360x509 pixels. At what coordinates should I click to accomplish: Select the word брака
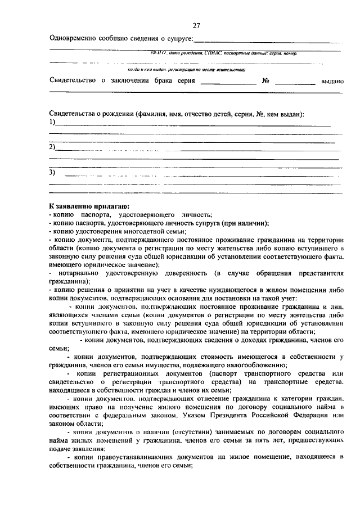(157, 81)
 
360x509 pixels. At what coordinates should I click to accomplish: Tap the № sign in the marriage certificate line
(266, 81)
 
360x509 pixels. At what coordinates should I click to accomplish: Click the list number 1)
(52, 121)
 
